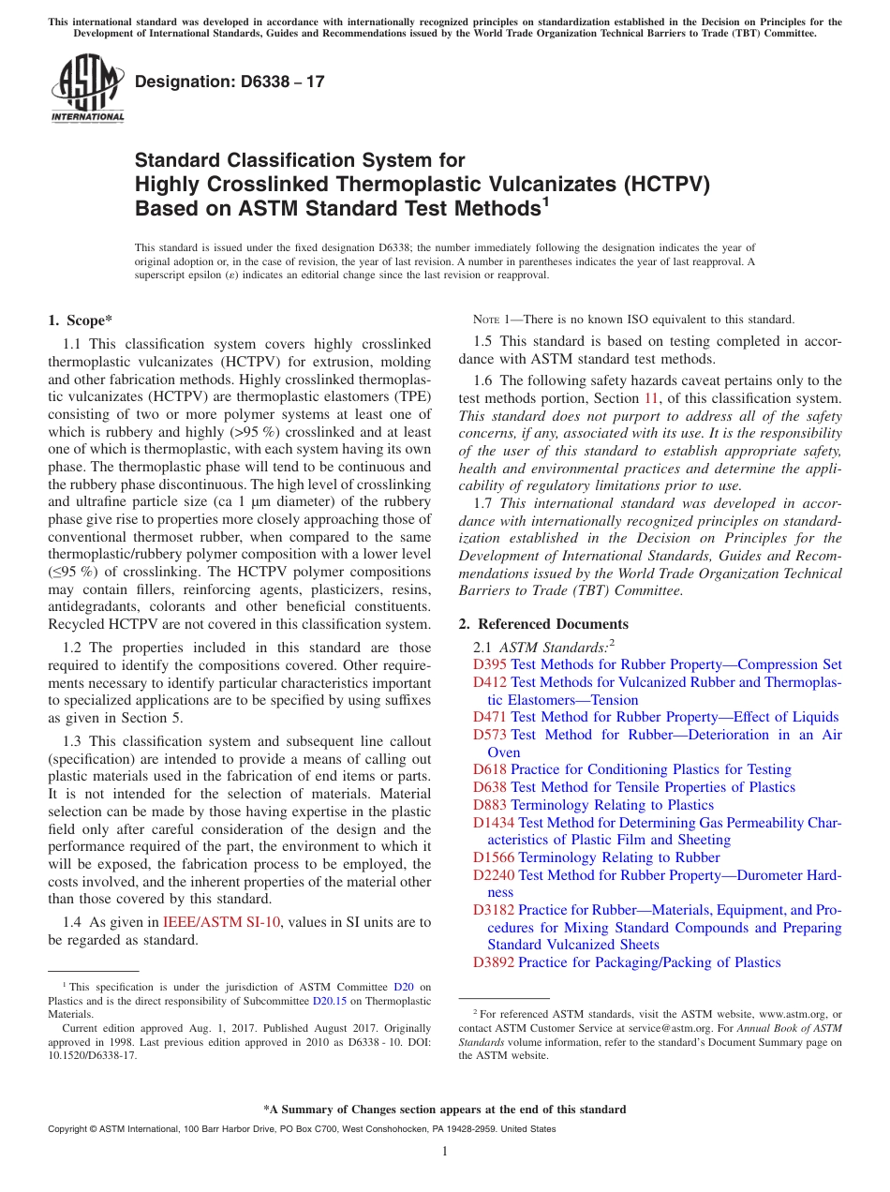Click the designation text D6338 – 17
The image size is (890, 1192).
coord(230,82)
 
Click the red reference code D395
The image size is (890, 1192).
coord(490,664)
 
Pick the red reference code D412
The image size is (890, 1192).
coord(490,682)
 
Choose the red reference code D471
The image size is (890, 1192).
coord(490,717)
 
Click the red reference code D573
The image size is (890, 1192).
coord(490,735)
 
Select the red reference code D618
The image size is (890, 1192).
coord(490,769)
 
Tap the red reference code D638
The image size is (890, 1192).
coord(490,787)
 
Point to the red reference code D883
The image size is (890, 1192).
coord(490,805)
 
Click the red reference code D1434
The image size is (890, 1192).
coord(494,823)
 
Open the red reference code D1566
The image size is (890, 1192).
coord(494,857)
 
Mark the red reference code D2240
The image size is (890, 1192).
coord(494,875)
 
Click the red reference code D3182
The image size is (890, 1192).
coord(494,910)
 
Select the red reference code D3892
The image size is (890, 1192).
coord(494,962)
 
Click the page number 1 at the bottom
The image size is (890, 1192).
coord(445,1151)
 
